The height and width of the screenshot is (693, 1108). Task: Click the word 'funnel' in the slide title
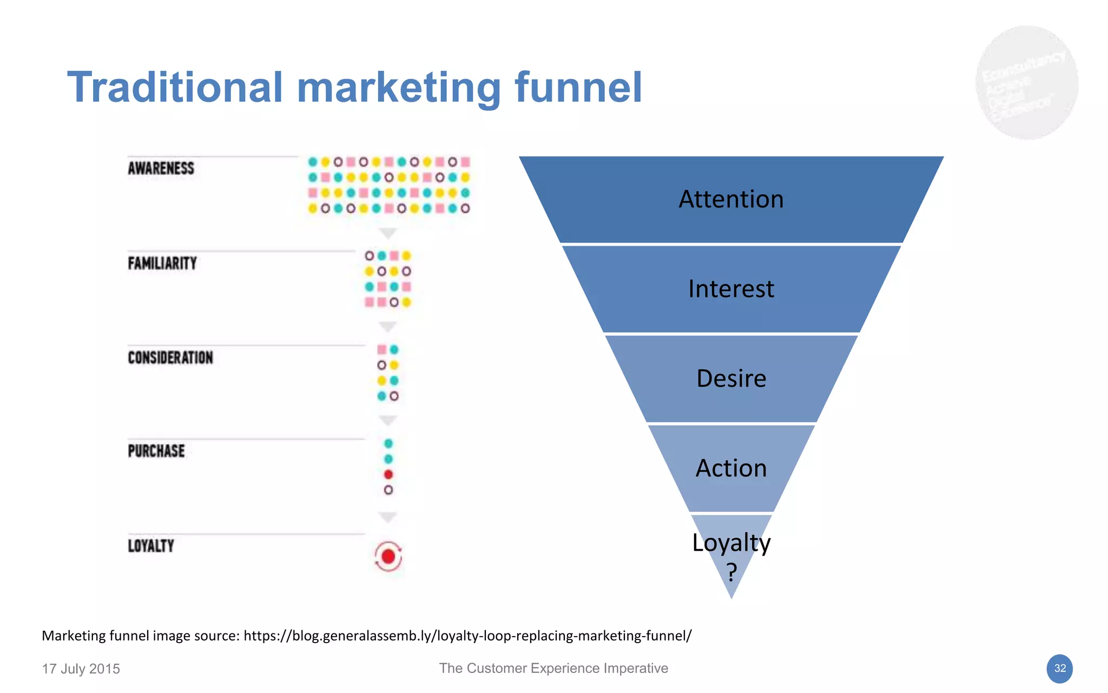pos(578,88)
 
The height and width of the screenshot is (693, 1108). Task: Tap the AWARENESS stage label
pos(161,168)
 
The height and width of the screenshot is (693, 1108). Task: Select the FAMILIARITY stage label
pos(162,264)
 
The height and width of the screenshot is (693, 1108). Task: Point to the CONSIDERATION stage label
pos(170,358)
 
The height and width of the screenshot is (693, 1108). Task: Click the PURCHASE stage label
pos(156,452)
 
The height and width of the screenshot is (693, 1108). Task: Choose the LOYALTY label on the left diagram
pos(151,546)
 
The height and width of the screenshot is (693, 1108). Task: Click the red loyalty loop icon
pos(388,557)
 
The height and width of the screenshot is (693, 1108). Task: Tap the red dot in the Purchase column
pos(388,475)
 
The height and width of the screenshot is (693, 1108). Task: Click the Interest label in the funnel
pos(731,289)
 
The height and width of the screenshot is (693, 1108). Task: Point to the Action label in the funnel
pos(731,468)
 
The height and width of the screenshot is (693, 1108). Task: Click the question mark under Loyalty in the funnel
pos(731,572)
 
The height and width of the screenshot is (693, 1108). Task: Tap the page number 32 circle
pos(1059,669)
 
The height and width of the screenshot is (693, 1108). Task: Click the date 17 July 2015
pos(81,669)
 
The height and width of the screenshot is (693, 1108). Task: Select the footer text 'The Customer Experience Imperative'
pos(553,669)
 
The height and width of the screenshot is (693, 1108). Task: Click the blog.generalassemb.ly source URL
pos(467,636)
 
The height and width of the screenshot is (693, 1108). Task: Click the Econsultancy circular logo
pos(1026,83)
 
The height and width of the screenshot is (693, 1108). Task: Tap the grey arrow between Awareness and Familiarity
pos(388,233)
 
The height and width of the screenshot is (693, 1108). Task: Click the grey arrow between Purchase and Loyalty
pos(388,517)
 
